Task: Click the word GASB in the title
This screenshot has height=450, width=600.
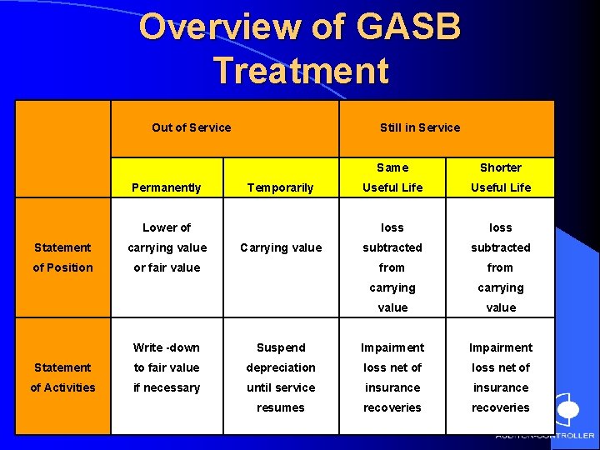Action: coord(409,27)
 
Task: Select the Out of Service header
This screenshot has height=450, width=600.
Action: coord(192,127)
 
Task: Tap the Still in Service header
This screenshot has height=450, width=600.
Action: coord(420,127)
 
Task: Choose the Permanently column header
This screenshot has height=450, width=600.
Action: coord(167,187)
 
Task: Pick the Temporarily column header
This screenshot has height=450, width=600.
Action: coord(281,187)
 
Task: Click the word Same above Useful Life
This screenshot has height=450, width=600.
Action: coord(392,167)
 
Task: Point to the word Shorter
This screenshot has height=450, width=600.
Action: coord(501,167)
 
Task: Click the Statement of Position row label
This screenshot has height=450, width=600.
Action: coord(62,257)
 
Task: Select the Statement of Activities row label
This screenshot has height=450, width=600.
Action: coord(62,377)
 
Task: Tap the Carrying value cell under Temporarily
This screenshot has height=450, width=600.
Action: coord(281,247)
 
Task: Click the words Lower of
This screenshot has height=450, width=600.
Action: coord(167,227)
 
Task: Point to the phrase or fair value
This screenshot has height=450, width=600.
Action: coord(167,267)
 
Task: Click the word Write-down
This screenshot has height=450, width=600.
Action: coord(167,347)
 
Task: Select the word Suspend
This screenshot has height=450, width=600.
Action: coord(281,347)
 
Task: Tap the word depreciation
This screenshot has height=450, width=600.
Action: coord(281,367)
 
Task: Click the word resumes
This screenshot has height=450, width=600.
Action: coord(281,407)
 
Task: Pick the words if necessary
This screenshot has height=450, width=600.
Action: coord(167,387)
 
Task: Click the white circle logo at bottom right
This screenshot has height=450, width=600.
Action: coord(567,410)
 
